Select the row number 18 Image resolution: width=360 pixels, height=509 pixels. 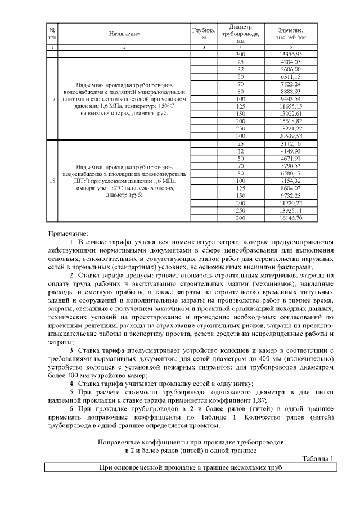coord(52,181)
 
